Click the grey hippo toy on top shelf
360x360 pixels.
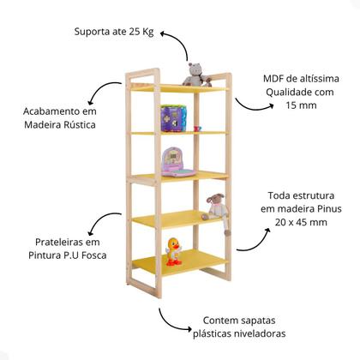(x=196, y=75)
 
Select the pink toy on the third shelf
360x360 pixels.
(x=174, y=160)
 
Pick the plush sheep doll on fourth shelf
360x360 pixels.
(x=218, y=211)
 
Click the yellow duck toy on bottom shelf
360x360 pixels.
(x=174, y=252)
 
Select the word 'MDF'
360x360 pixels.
(x=276, y=79)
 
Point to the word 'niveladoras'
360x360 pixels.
(x=260, y=333)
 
